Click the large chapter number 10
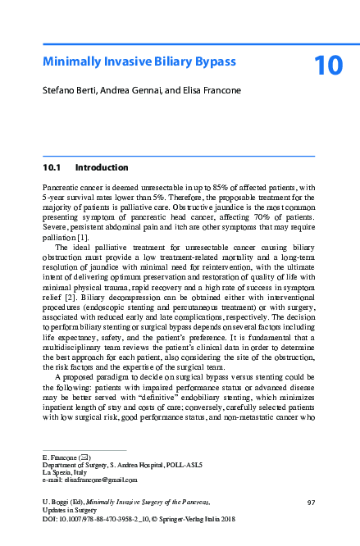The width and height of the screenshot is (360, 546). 327,66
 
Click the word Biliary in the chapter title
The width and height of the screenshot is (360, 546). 160,61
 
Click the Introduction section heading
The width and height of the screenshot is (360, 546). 102,167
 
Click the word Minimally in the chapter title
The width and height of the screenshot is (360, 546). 73,61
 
